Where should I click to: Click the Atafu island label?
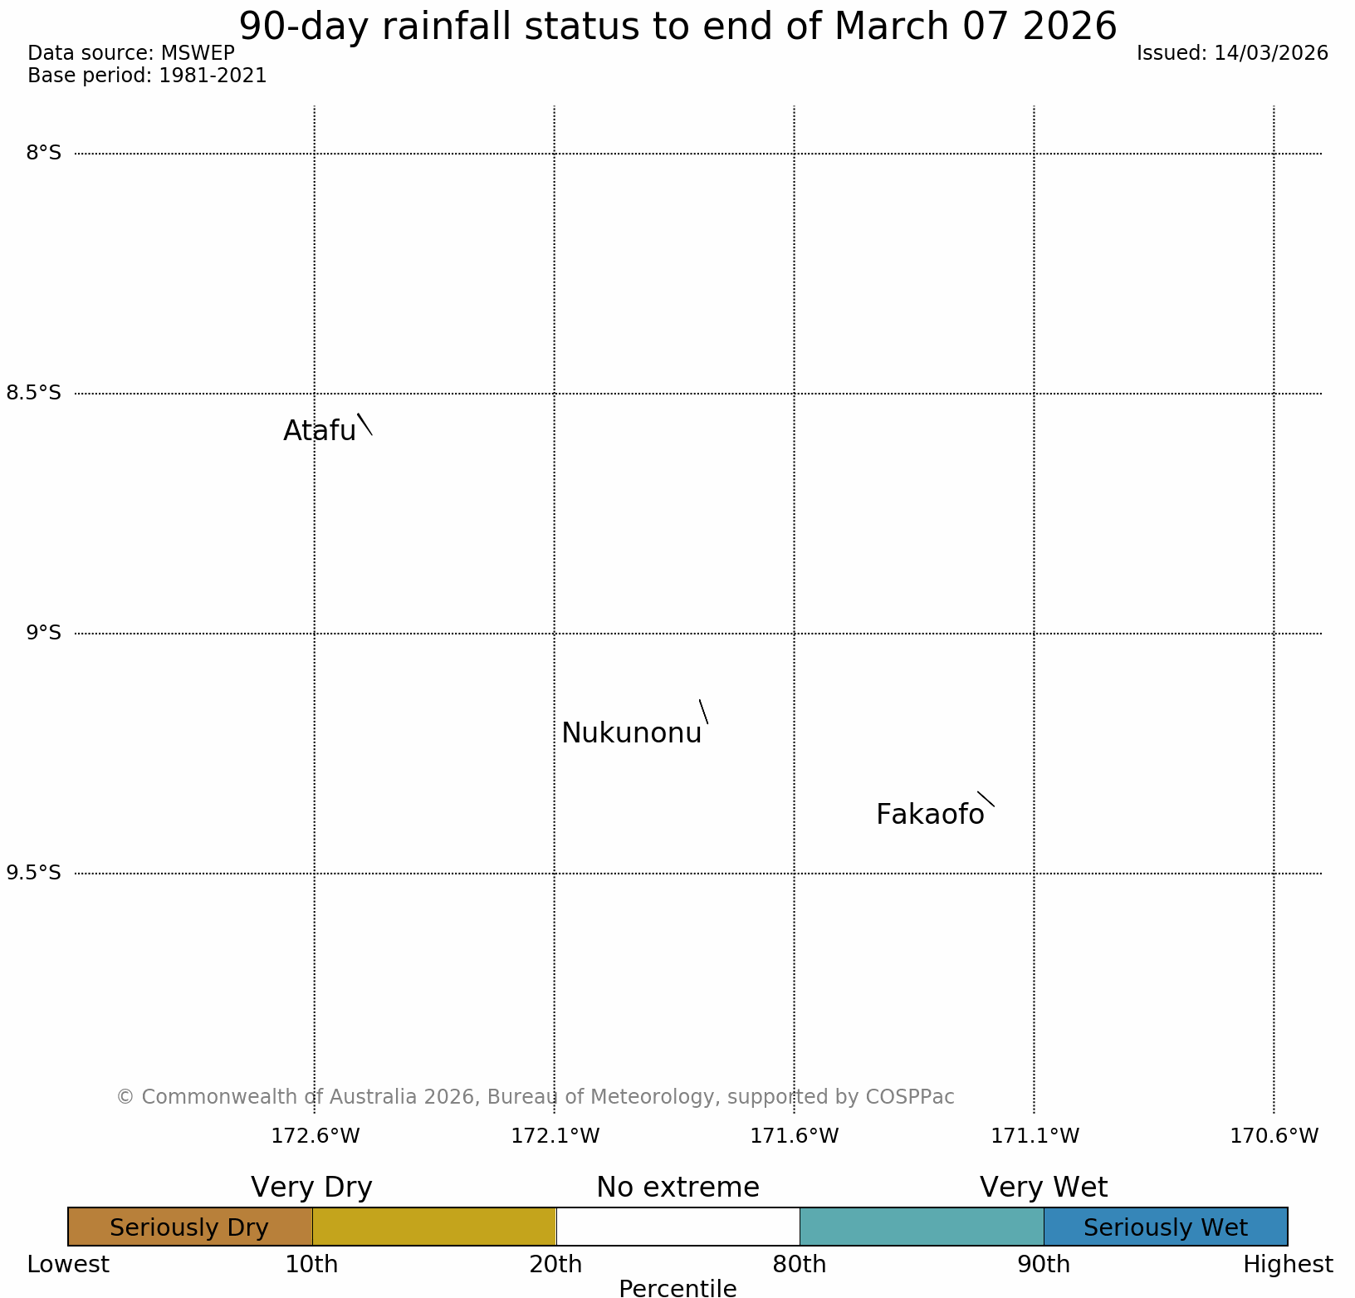[320, 430]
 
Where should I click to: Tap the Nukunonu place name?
[631, 733]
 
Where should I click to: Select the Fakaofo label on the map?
[930, 815]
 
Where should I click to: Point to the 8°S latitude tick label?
[44, 153]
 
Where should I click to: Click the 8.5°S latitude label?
[34, 393]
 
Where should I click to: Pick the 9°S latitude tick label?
[44, 633]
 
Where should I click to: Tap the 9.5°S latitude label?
[34, 873]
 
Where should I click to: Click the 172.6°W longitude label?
[316, 1135]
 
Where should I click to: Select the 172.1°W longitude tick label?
[555, 1135]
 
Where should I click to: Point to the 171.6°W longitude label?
[795, 1135]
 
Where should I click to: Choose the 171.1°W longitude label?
[1035, 1135]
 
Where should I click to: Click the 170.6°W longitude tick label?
[1274, 1135]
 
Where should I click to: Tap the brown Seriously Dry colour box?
[190, 1227]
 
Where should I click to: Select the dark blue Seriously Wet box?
[1165, 1227]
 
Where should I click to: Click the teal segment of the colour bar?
[922, 1227]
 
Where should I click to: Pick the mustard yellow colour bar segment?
[433, 1227]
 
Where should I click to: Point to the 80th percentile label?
[799, 1265]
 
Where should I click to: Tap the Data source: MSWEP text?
[131, 53]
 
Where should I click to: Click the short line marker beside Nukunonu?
[703, 712]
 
